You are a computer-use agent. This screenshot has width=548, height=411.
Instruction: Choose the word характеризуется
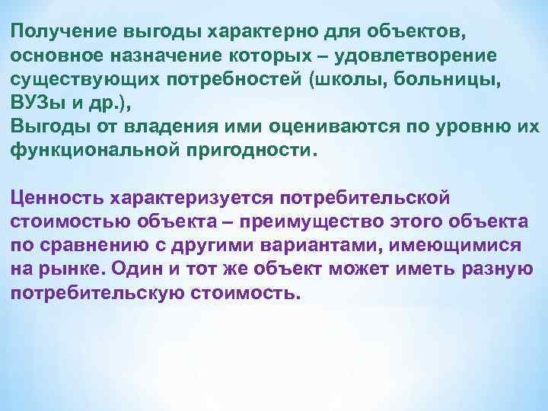tap(193, 199)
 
